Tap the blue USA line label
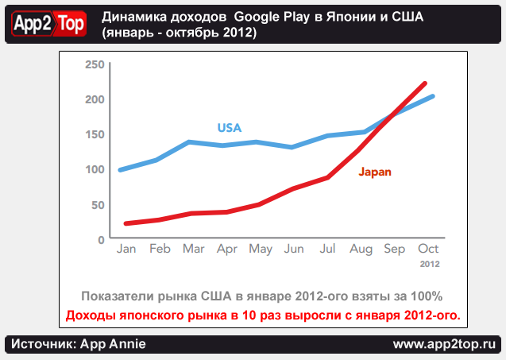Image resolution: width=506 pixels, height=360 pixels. pos(229,128)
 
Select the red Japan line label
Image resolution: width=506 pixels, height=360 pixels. pos(375,171)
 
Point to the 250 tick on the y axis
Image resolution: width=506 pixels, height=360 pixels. pos(95,64)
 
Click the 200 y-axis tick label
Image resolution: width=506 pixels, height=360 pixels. pos(95,99)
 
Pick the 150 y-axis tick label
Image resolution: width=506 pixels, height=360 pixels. pos(95,134)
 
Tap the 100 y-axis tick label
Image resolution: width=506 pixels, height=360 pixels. pos(95,169)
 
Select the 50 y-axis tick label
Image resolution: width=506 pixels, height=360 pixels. pos(98,204)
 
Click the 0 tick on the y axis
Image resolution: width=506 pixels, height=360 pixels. pos(101,239)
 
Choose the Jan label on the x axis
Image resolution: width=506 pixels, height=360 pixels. pos(126,250)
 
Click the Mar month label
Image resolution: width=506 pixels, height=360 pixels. pos(193,250)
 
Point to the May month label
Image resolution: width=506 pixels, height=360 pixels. pos(261,250)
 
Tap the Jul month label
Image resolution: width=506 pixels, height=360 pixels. pos(327,250)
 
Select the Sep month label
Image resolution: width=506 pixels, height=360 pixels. pos(395,250)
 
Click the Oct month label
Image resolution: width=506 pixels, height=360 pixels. pos(428,250)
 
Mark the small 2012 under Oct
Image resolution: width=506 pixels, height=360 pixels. pos(429,263)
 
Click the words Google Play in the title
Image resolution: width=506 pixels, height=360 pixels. pos(270,17)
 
